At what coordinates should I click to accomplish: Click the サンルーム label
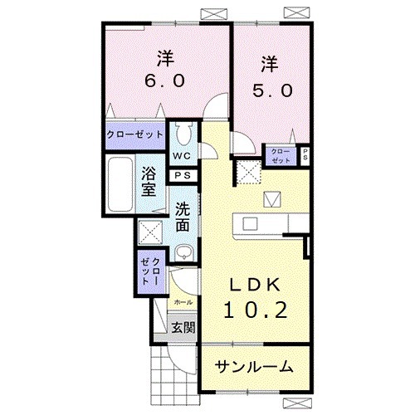point(255,366)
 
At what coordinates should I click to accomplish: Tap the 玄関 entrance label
point(183,327)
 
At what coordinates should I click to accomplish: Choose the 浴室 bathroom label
point(149,181)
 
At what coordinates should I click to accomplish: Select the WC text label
point(183,155)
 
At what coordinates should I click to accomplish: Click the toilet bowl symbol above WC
point(183,134)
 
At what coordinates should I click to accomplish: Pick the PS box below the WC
point(182,175)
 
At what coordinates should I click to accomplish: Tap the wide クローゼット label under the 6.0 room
point(135,133)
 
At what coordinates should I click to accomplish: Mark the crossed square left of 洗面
point(151,231)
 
